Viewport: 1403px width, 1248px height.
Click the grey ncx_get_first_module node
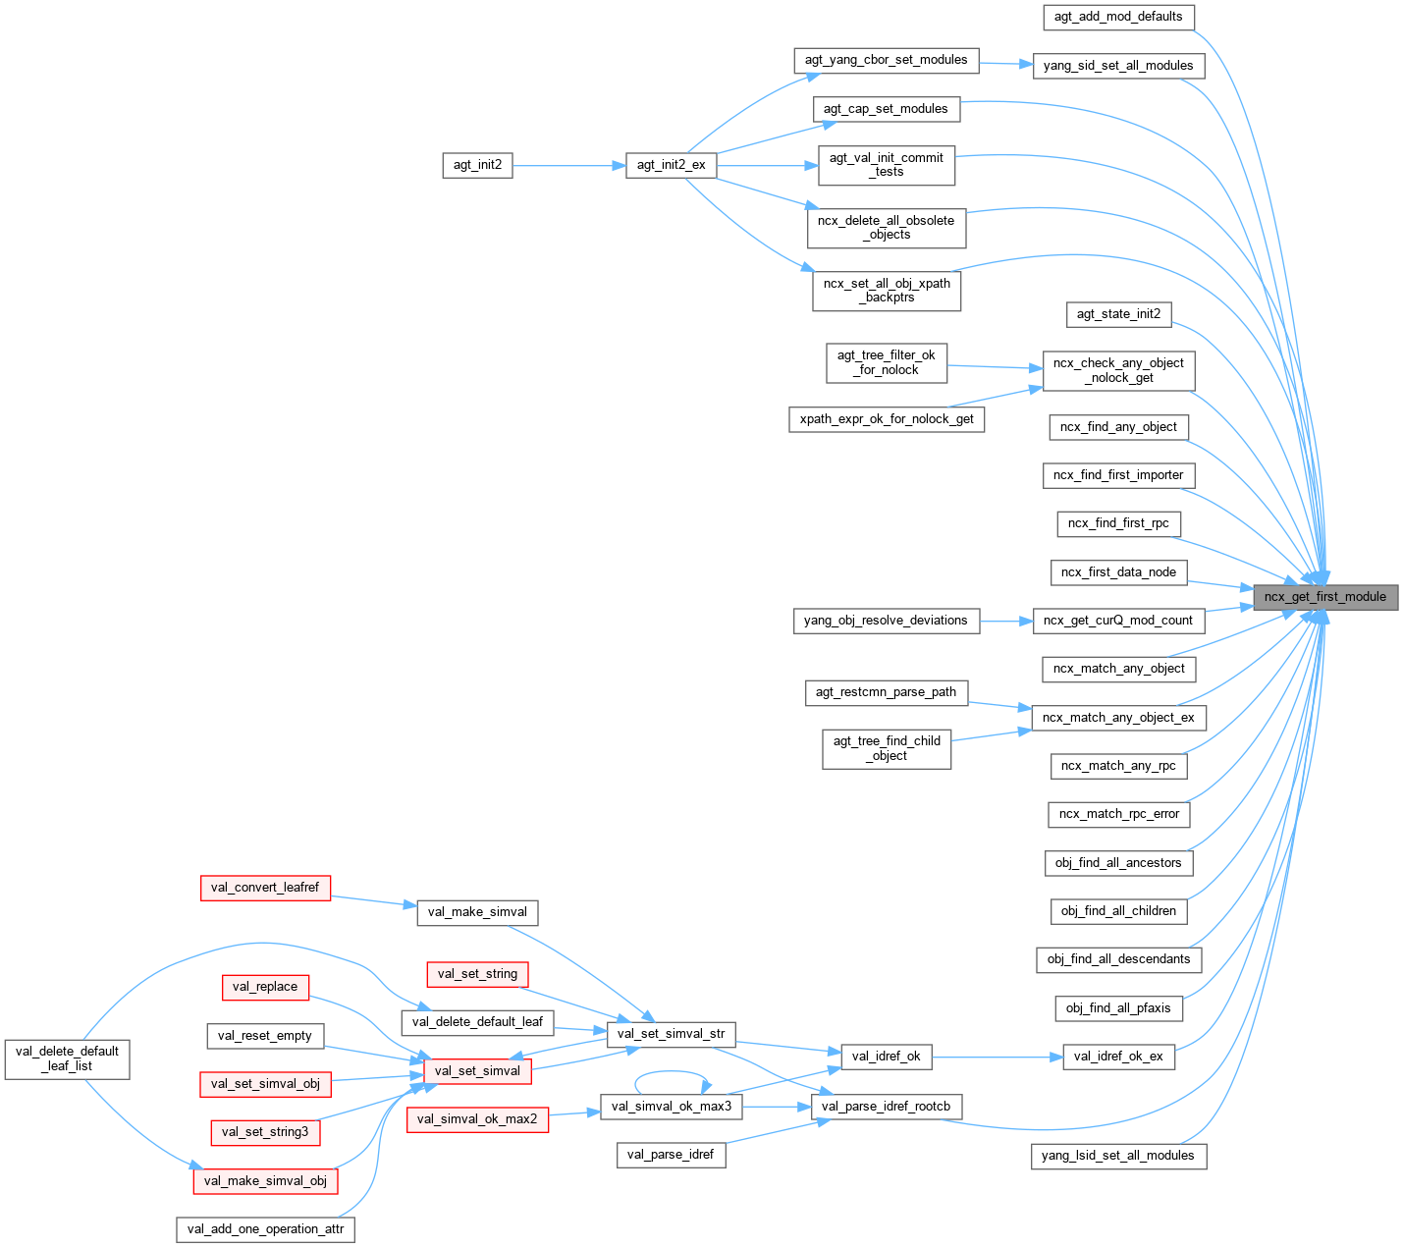1324,596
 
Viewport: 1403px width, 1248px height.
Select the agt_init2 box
477,165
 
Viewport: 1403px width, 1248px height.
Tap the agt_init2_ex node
671,165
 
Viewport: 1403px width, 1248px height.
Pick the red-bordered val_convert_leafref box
265,888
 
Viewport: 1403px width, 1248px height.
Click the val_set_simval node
477,1070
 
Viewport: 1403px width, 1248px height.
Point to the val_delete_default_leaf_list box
67,1058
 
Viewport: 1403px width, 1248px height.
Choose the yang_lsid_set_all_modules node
1117,1156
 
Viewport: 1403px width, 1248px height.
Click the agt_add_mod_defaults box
1118,17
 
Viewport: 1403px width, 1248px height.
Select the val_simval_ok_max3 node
671,1107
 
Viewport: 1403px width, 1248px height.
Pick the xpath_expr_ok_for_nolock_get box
886,419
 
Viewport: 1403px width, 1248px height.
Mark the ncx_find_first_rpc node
1118,523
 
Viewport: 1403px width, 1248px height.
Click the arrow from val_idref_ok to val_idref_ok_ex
997,1058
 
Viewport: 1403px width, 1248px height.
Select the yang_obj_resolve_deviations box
886,621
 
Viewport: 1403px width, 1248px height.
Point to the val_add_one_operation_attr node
265,1229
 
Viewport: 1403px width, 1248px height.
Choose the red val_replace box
265,987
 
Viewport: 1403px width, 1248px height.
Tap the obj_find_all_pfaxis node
1118,1008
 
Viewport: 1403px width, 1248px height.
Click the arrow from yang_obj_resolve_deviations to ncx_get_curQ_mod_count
1005,621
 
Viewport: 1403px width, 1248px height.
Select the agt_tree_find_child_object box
886,748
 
